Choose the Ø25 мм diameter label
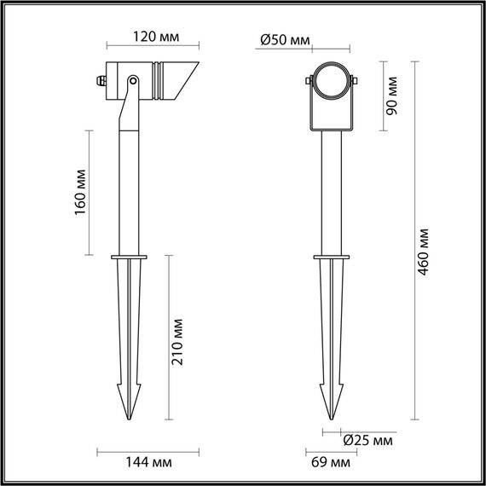(368, 441)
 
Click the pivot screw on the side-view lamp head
(133, 81)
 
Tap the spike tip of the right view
(330, 417)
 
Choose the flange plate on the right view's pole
(330, 256)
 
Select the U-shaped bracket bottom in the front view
(330, 130)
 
